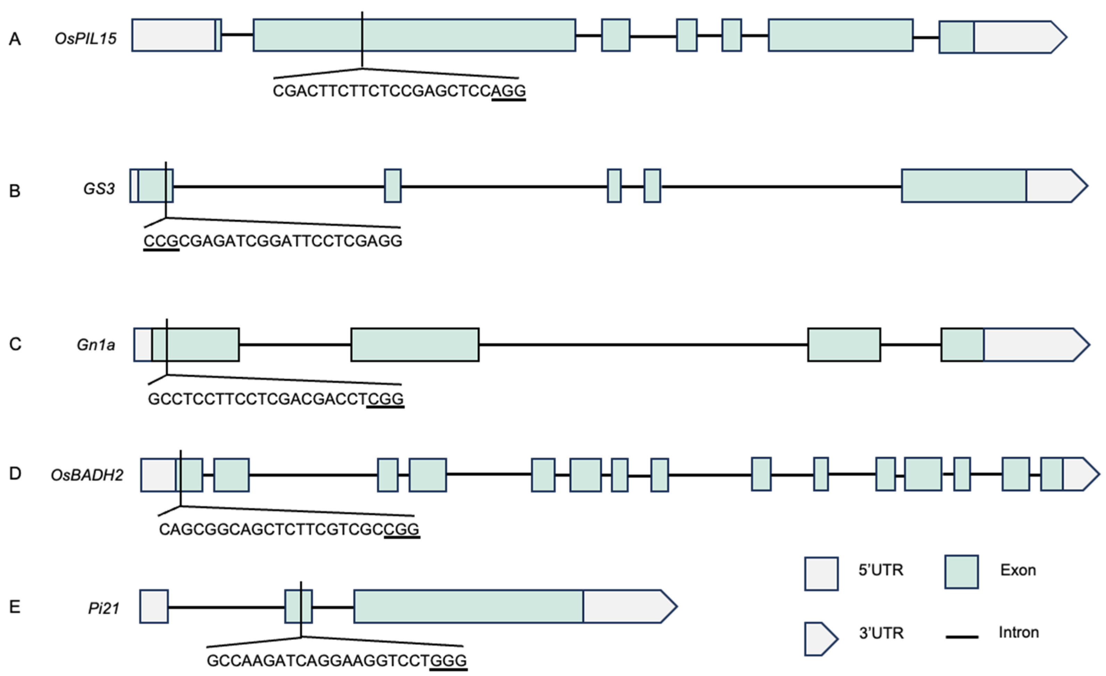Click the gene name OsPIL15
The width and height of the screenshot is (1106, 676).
85,39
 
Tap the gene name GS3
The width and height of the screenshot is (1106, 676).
99,189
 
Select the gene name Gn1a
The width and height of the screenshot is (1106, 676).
95,345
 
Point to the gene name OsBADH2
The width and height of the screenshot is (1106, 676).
87,475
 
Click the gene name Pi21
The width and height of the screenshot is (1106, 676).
104,609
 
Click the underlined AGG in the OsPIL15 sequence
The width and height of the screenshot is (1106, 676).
509,91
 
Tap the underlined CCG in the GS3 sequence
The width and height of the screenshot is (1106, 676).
161,241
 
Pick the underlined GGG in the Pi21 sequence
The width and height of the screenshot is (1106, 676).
449,661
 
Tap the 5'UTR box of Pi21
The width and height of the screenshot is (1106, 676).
154,607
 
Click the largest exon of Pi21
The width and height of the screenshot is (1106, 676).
468,607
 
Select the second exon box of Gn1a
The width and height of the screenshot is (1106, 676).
415,345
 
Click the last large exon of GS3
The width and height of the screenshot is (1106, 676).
963,186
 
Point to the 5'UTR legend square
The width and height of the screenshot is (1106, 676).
821,574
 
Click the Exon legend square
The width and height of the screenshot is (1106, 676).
962,572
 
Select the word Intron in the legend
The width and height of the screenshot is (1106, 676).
1019,633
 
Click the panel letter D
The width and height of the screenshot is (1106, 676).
15,474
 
